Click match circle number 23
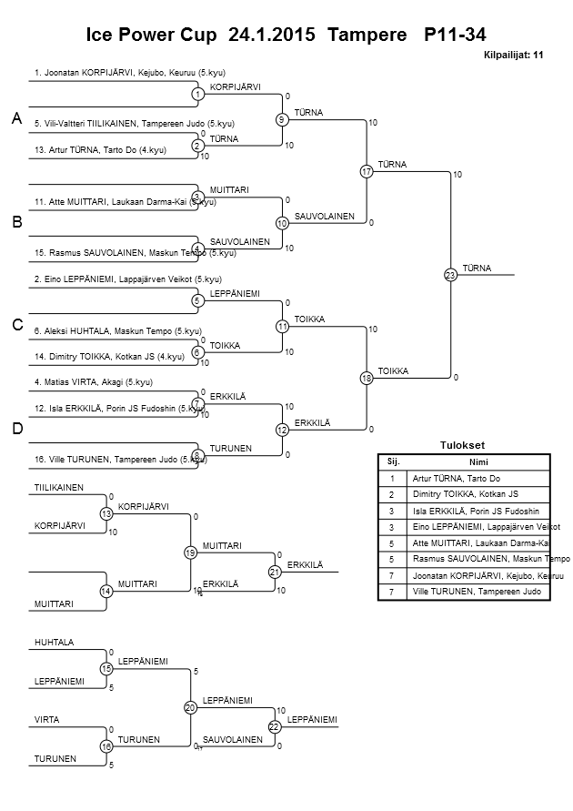coord(449,274)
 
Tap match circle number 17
coord(367,171)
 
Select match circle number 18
coord(367,378)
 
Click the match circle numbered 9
coord(282,119)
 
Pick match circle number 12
coord(282,430)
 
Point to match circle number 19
coord(190,552)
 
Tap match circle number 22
coord(274,725)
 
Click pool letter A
coord(16,119)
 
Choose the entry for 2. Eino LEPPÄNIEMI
coord(127,279)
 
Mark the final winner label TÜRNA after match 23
coord(477,268)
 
